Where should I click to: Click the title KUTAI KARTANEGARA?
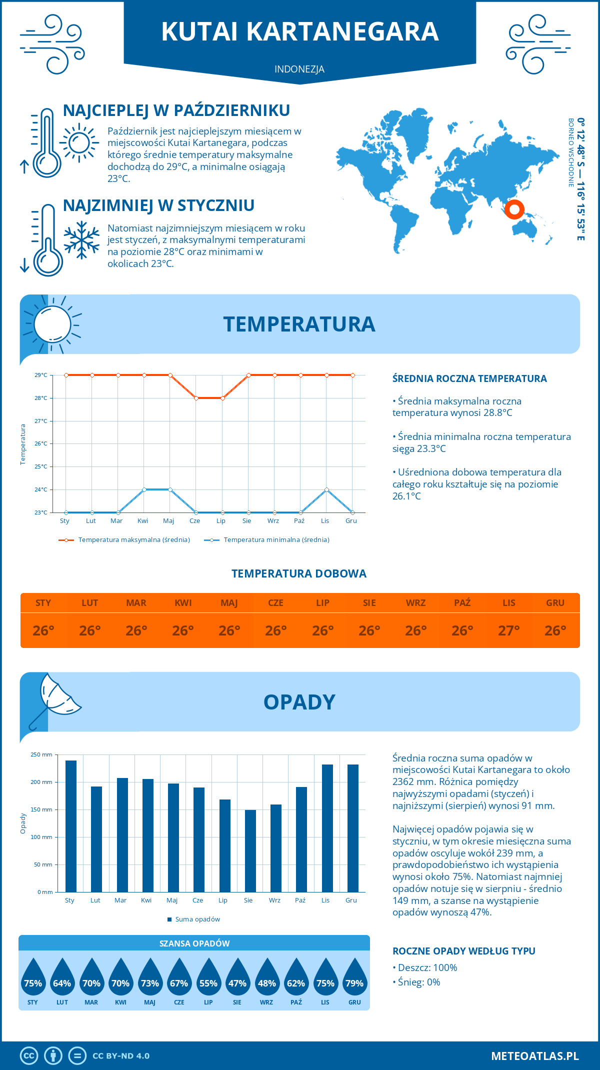pyautogui.click(x=300, y=31)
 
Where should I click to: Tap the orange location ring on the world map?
pyautogui.click(x=514, y=209)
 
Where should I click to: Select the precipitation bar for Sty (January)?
pyautogui.click(x=71, y=826)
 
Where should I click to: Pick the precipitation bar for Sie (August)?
pyautogui.click(x=250, y=850)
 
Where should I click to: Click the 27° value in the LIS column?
pyautogui.click(x=508, y=630)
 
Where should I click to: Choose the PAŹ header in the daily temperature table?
pyautogui.click(x=462, y=602)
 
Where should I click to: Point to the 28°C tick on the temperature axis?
pyautogui.click(x=41, y=398)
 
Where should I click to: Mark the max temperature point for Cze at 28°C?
pyautogui.click(x=196, y=398)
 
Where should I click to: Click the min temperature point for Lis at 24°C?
pyautogui.click(x=326, y=489)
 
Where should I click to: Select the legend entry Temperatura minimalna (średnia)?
pyautogui.click(x=276, y=540)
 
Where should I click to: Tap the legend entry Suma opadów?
pyautogui.click(x=197, y=919)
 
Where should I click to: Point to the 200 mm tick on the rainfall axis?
pyautogui.click(x=42, y=782)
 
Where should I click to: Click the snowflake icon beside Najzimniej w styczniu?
pyautogui.click(x=81, y=240)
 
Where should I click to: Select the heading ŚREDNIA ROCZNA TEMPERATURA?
pyautogui.click(x=469, y=378)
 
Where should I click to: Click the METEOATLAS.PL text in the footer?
pyautogui.click(x=535, y=1055)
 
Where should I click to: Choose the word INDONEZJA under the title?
pyautogui.click(x=299, y=69)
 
